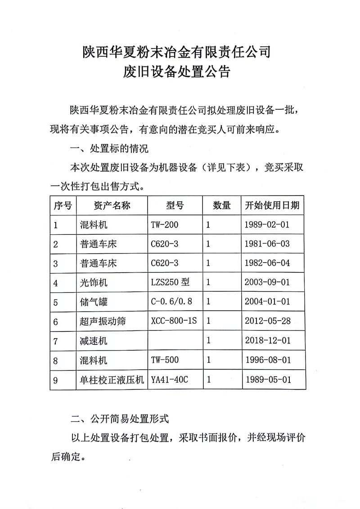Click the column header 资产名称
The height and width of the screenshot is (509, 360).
pos(112,205)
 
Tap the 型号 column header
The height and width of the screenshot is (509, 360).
pos(175,205)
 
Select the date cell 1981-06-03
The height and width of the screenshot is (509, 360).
pos(268,244)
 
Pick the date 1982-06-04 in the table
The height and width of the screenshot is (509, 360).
pos(268,263)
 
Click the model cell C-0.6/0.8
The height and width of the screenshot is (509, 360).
pos(171,302)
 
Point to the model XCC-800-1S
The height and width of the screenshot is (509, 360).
pos(175,321)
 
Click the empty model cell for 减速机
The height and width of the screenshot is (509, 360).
pos(175,341)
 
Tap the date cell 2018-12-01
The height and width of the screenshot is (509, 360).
pos(268,341)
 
